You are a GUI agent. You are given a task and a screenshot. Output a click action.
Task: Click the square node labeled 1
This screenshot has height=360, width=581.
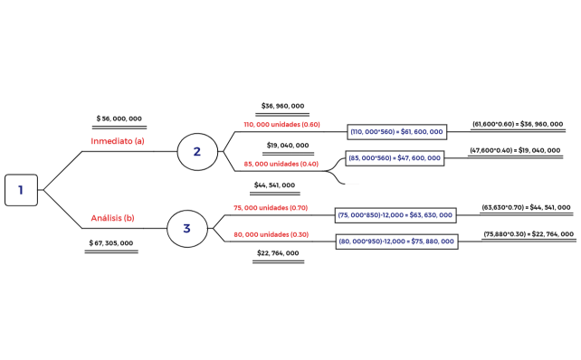21,190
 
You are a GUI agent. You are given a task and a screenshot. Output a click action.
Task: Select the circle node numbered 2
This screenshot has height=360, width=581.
196,151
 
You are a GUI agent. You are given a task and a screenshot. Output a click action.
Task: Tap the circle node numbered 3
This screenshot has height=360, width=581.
186,228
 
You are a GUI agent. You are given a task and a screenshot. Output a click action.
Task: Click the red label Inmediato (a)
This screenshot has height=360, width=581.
118,141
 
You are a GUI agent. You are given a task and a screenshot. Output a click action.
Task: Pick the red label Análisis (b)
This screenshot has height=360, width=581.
113,218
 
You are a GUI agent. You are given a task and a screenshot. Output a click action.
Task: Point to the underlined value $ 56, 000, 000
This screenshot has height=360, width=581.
119,118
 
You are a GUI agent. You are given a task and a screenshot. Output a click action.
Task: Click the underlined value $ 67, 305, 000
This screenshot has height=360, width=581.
111,243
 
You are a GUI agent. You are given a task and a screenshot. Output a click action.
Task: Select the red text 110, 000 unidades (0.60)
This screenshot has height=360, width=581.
281,125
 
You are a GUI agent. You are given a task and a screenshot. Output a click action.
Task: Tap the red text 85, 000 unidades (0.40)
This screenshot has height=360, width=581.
281,164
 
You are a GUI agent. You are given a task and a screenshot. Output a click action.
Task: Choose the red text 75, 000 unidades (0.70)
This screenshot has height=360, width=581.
271,207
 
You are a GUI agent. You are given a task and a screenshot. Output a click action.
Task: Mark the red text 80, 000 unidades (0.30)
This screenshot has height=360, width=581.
271,234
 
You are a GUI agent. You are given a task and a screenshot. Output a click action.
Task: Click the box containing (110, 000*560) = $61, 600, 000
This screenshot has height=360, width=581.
397,132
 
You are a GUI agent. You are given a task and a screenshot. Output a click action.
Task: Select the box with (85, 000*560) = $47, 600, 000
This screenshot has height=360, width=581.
395,157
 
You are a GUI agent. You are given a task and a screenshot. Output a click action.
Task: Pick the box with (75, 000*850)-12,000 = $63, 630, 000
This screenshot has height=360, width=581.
395,215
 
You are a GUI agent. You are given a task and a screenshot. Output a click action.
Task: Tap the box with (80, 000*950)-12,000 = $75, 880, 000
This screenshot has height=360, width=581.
395,242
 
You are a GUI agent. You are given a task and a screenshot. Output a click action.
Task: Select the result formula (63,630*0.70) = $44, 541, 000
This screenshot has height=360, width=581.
526,207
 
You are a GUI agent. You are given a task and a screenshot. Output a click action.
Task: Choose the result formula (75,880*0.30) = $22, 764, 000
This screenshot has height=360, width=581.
529,234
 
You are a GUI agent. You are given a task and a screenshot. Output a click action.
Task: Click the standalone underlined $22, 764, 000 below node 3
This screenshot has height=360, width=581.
278,253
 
